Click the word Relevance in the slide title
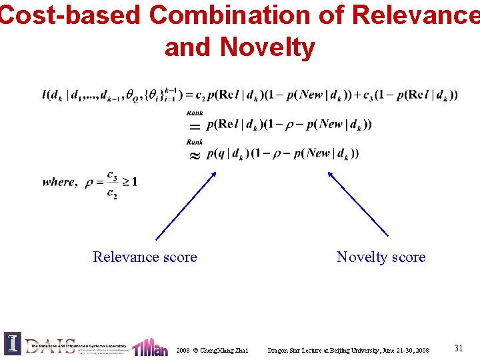point(413,15)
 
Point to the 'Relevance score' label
point(145,257)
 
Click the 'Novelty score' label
point(381,257)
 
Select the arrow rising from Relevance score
point(186,205)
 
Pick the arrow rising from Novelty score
point(357,203)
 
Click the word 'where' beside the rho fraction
point(59,182)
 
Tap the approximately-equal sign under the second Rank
point(194,155)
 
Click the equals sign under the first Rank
point(194,125)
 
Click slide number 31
point(458,347)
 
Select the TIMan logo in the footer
point(150,347)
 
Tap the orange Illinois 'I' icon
point(13,343)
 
